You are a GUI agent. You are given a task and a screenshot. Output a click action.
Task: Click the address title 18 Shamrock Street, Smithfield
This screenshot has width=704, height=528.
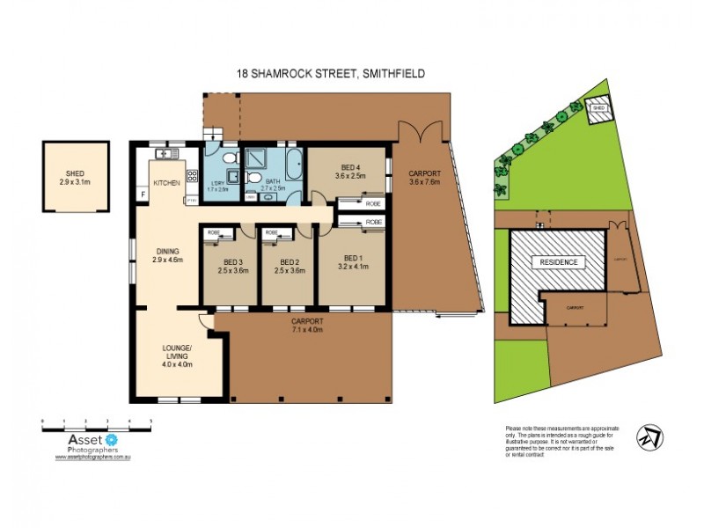(x=330, y=74)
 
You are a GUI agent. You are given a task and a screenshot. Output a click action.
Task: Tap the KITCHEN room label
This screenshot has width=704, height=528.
(x=166, y=182)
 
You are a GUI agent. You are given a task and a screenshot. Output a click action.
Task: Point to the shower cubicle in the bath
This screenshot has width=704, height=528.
(x=260, y=158)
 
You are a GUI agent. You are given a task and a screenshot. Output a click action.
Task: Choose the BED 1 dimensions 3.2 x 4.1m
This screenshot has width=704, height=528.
(x=350, y=271)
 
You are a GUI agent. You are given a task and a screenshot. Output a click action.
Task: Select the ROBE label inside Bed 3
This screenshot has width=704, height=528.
(x=213, y=232)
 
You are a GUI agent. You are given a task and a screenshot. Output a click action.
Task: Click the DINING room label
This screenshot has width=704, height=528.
(x=166, y=250)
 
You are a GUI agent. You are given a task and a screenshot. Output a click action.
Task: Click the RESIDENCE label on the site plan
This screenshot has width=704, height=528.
(x=559, y=262)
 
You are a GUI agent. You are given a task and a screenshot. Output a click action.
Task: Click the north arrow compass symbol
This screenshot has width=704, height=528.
(x=650, y=436)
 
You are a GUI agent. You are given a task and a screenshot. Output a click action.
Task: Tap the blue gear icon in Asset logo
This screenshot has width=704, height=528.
(x=111, y=438)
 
